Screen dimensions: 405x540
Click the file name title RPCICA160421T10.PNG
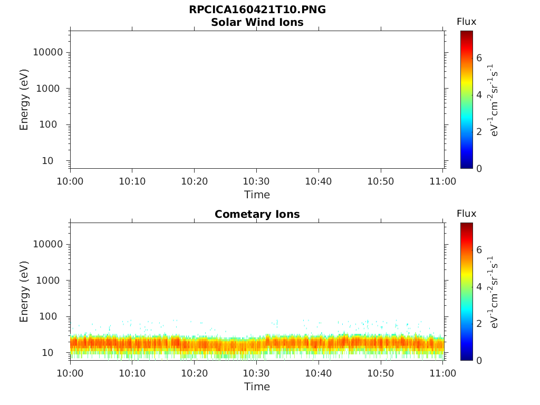[x=257, y=10]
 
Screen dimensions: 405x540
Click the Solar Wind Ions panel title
[x=257, y=22]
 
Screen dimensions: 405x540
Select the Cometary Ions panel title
[x=257, y=214]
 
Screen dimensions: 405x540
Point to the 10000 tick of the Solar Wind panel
[x=48, y=52]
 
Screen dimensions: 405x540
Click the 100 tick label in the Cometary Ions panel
[x=53, y=316]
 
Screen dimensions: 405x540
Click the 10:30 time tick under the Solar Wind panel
[x=257, y=181]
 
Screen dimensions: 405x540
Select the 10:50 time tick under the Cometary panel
[x=381, y=373]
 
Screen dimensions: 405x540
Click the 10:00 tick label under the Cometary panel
[x=70, y=373]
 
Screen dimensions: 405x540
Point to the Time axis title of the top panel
[x=257, y=195]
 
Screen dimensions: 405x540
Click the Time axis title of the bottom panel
[x=257, y=387]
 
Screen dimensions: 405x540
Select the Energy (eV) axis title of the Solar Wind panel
[x=24, y=100]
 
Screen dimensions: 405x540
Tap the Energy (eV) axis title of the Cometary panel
[x=24, y=292]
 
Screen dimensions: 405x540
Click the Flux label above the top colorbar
[x=466, y=22]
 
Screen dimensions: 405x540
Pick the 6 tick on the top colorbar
[x=479, y=58]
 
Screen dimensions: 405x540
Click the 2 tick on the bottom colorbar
[x=479, y=323]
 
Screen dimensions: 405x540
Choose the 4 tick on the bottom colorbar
[x=479, y=287]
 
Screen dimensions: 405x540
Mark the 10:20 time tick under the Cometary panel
[x=195, y=373]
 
